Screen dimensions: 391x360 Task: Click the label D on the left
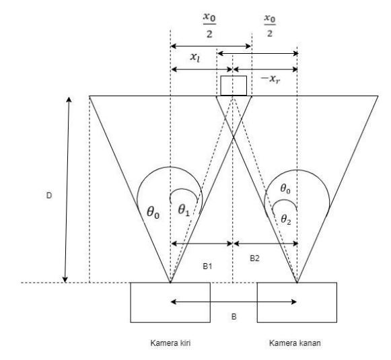[x=49, y=196]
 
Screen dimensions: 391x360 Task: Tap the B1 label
[x=207, y=266]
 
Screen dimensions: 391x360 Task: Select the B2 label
[x=254, y=258]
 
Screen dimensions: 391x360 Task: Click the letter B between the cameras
[x=234, y=317]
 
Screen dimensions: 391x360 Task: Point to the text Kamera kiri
[x=170, y=343]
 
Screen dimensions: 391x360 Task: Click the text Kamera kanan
[x=295, y=343]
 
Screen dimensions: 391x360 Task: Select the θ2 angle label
[x=286, y=219]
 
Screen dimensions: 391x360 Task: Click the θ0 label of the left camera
[x=153, y=213]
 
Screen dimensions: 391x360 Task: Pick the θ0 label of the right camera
[x=285, y=188]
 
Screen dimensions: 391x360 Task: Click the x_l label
[x=195, y=57]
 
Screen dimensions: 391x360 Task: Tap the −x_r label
[x=270, y=79]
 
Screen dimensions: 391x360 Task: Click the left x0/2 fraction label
[x=209, y=26]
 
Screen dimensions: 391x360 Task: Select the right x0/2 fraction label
[x=270, y=26]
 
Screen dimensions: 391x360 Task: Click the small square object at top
[x=234, y=85]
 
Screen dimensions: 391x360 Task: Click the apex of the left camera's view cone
[x=170, y=283]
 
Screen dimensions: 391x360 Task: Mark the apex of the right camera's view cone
[x=297, y=283]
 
